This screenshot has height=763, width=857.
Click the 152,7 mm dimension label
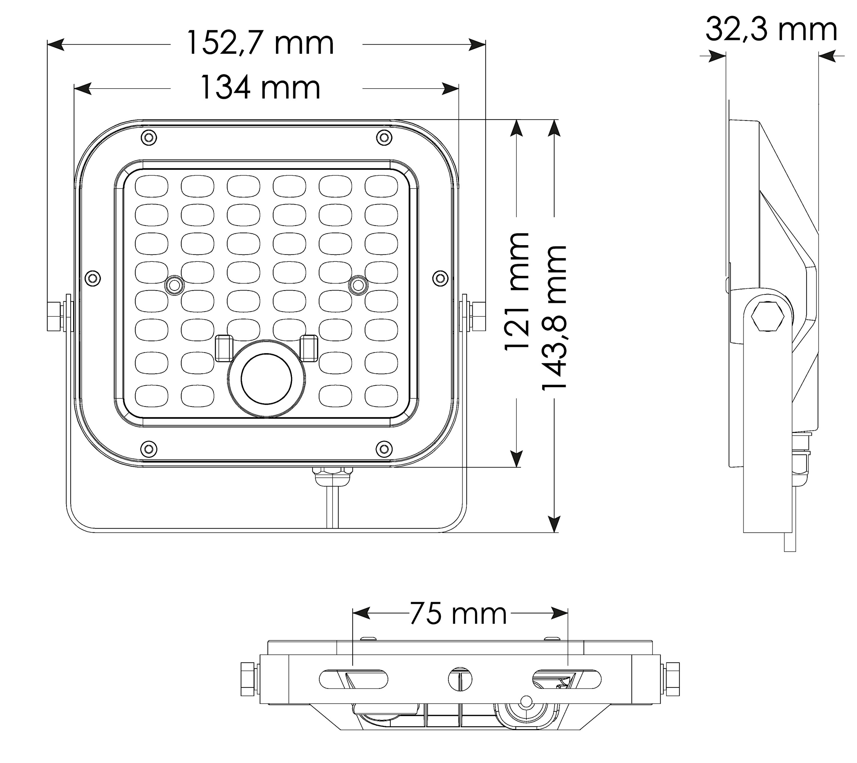coord(260,43)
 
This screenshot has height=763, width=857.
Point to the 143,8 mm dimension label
coord(554,318)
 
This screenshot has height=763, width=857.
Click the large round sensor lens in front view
coord(266,379)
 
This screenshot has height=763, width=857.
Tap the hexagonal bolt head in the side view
coord(768,316)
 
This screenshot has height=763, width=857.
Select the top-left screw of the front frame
coord(149,137)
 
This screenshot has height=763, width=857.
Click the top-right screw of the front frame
coord(384,137)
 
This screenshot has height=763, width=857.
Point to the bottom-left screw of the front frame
coord(149,448)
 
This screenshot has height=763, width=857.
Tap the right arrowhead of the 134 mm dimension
coord(450,89)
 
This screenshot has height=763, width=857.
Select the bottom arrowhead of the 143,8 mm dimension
coord(554,524)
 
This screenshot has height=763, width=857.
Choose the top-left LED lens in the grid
coord(151,186)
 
